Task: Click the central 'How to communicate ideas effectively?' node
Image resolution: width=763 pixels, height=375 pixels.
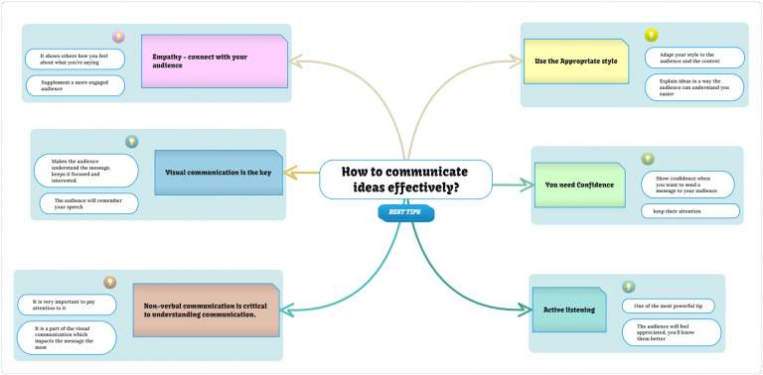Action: pos(405,180)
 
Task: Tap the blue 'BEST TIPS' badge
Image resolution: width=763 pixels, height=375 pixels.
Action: pos(405,212)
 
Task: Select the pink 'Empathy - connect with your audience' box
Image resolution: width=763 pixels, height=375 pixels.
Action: pos(215,62)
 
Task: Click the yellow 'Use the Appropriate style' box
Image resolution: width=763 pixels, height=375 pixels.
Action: pos(576,62)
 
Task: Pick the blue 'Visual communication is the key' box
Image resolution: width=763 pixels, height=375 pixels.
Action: pos(219,173)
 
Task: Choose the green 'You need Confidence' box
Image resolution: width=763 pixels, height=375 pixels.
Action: pos(579,185)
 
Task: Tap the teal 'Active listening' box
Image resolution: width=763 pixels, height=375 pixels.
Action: pos(569,310)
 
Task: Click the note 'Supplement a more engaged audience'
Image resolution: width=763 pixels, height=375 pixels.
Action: pos(76,85)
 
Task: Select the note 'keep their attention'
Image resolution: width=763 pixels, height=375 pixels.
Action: pos(689,210)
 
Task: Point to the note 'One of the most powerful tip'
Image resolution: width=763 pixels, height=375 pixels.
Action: pos(668,306)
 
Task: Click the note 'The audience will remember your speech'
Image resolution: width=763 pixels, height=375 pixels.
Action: pos(88,203)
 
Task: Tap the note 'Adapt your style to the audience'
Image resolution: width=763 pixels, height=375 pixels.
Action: pos(694,58)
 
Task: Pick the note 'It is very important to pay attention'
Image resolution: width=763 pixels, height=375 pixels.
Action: pos(67,304)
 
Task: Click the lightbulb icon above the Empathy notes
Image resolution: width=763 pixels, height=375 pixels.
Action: pos(118,37)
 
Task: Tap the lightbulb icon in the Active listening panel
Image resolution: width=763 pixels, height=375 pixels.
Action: pos(628,287)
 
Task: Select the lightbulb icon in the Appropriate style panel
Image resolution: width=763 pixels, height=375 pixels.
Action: pos(652,36)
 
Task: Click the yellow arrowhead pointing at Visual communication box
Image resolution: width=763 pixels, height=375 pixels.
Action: pos(289,175)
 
